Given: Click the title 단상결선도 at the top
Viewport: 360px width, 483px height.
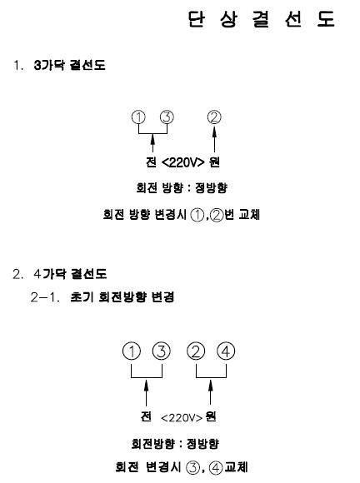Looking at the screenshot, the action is pos(262,19).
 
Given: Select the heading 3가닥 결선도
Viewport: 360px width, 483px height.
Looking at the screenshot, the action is pos(70,65).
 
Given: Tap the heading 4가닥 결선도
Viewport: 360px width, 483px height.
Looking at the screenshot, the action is pos(70,273).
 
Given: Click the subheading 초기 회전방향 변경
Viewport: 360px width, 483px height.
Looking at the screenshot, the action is pos(122,296).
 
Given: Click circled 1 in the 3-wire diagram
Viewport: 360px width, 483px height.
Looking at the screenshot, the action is pos(138,117).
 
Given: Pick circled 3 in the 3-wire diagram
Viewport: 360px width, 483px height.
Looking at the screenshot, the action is pos(167,117).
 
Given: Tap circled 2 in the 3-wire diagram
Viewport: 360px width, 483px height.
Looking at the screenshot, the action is pos(214,117).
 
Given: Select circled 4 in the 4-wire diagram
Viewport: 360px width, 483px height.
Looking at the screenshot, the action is pos(226,351).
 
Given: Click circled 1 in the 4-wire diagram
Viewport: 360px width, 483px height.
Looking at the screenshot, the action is pos(132,351).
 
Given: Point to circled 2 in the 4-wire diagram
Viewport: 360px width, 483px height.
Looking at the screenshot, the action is pos(196,351).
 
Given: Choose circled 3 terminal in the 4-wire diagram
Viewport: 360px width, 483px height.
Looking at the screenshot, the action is pos(162,351).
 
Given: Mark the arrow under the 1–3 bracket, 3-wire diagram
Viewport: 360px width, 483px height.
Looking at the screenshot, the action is pos(152,143).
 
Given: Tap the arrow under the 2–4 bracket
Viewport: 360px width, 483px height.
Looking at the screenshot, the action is pos(211,392).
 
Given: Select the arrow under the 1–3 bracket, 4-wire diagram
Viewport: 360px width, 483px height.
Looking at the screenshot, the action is pos(147,392).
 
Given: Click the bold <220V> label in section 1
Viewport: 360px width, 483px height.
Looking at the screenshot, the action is pos(182,162).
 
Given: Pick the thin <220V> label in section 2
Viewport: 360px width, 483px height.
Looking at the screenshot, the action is pos(182,418).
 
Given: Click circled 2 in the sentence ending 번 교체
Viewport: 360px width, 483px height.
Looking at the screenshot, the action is pos(217,215).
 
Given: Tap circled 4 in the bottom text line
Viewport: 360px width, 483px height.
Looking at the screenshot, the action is pos(216,468).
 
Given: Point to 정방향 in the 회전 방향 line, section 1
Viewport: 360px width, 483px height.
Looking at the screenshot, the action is pos(211,187).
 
